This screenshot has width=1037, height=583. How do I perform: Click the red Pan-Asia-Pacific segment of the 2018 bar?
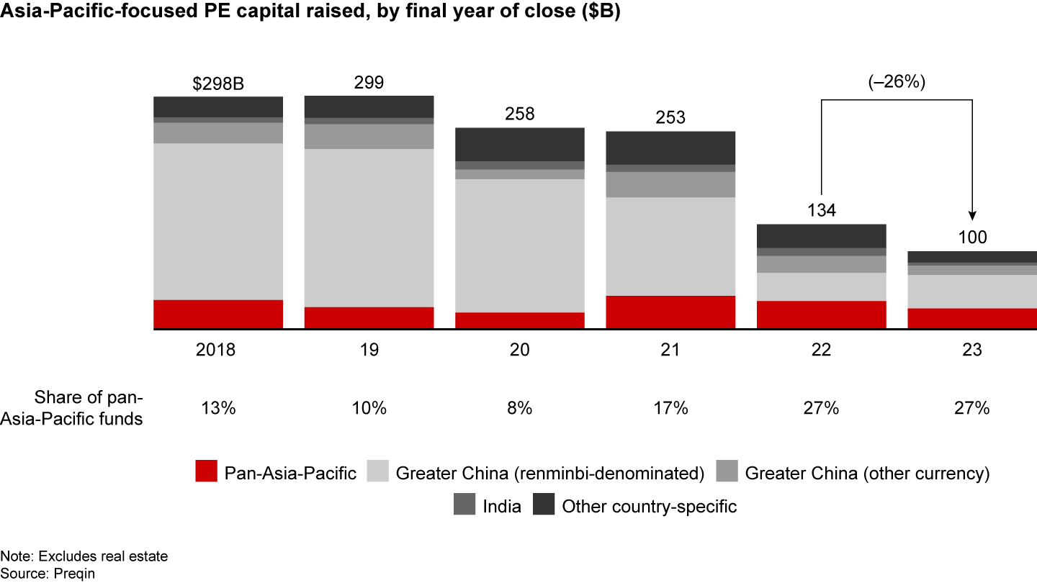pyautogui.click(x=218, y=315)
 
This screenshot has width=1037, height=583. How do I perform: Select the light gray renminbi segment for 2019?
pyautogui.click(x=369, y=227)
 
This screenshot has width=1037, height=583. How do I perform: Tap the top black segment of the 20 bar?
pyautogui.click(x=519, y=144)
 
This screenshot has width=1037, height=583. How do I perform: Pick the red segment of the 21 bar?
pyautogui.click(x=670, y=312)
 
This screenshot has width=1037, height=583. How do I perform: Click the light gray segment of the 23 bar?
pyautogui.click(x=972, y=291)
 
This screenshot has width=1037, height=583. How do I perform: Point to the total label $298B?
pyautogui.click(x=218, y=83)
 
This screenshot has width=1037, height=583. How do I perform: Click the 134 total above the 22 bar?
pyautogui.click(x=821, y=211)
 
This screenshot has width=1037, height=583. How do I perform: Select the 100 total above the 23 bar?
pyautogui.click(x=972, y=238)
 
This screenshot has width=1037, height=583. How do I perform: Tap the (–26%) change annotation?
pyautogui.click(x=897, y=82)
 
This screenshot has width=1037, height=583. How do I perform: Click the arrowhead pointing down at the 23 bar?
pyautogui.click(x=972, y=215)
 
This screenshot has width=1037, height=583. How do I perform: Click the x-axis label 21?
pyautogui.click(x=670, y=351)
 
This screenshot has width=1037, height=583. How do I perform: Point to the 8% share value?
pyautogui.click(x=519, y=408)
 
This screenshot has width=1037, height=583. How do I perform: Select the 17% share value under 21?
pyautogui.click(x=670, y=408)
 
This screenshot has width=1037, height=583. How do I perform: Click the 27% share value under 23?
pyautogui.click(x=972, y=408)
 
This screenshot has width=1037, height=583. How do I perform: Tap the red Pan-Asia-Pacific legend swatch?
pyautogui.click(x=206, y=472)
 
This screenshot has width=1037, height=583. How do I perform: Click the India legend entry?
pyautogui.click(x=502, y=506)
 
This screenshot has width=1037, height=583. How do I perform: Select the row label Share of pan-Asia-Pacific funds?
pyautogui.click(x=90, y=408)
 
